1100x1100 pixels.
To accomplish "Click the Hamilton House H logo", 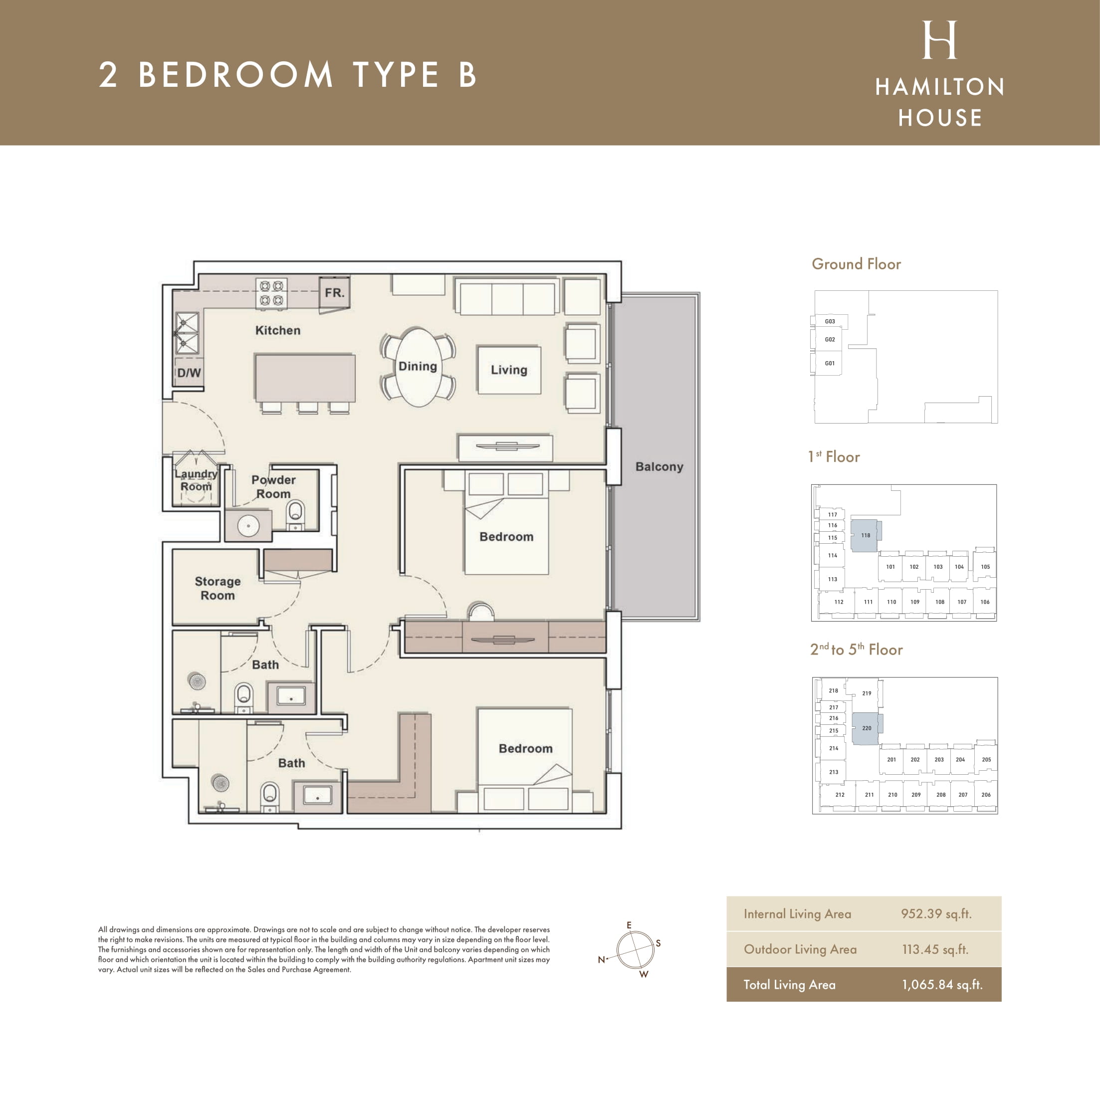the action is [x=939, y=40].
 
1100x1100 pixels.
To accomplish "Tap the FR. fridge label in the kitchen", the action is [x=335, y=293].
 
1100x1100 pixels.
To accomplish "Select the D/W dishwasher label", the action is [x=189, y=373].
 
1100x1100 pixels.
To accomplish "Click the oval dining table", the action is [x=419, y=367].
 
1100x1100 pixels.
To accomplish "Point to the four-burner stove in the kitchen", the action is [x=271, y=293].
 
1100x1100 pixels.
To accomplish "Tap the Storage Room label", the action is [x=218, y=588].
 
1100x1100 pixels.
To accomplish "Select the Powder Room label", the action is [x=273, y=487].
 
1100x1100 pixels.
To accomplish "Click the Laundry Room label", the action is [x=196, y=480].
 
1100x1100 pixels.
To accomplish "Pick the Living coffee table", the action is [x=509, y=370].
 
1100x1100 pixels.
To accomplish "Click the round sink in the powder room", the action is [x=248, y=525].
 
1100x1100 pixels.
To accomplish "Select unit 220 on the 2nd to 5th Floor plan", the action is [x=867, y=728].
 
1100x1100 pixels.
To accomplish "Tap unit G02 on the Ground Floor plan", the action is [x=830, y=339].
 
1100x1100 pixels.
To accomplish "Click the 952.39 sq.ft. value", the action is [x=936, y=914].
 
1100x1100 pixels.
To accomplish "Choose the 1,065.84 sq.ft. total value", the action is [x=942, y=984].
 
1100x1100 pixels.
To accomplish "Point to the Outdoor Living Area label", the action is [x=800, y=949].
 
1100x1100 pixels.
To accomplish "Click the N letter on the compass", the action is [x=601, y=959].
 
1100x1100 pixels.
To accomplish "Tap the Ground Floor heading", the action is [x=857, y=264].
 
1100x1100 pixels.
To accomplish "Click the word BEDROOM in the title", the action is [x=235, y=75].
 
